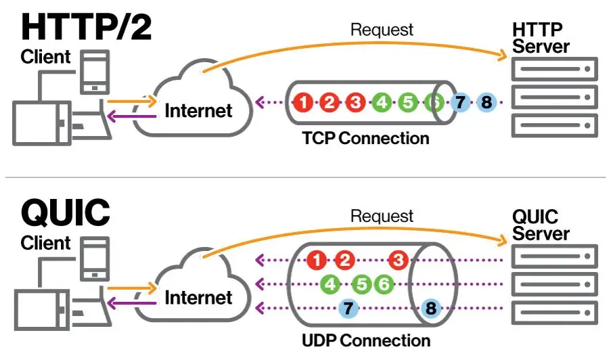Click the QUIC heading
pyautogui.click(x=65, y=212)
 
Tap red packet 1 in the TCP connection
pyautogui.click(x=304, y=103)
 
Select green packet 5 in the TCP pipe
pyautogui.click(x=407, y=103)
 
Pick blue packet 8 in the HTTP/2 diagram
pyautogui.click(x=486, y=103)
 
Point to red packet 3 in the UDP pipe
pyautogui.click(x=399, y=260)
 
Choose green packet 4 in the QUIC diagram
pyautogui.click(x=331, y=284)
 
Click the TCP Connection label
pyautogui.click(x=365, y=139)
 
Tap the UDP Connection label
pyautogui.click(x=365, y=340)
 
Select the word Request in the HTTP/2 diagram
pyautogui.click(x=382, y=29)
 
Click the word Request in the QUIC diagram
pyautogui.click(x=382, y=216)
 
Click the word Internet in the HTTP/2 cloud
pyautogui.click(x=198, y=110)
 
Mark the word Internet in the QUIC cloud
pyautogui.click(x=198, y=297)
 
